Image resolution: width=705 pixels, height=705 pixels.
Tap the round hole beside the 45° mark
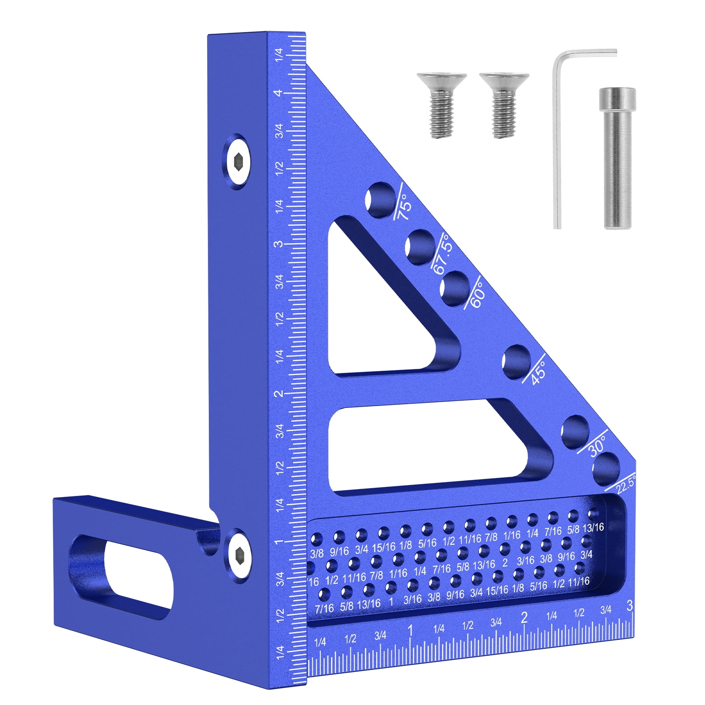coord(516,361)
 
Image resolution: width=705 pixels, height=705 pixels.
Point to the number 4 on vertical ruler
coord(278,93)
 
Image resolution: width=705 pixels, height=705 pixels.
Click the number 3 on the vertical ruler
coord(278,244)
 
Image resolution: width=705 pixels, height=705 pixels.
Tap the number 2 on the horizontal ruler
coord(523,617)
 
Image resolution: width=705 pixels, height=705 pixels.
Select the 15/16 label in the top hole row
coord(383,547)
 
